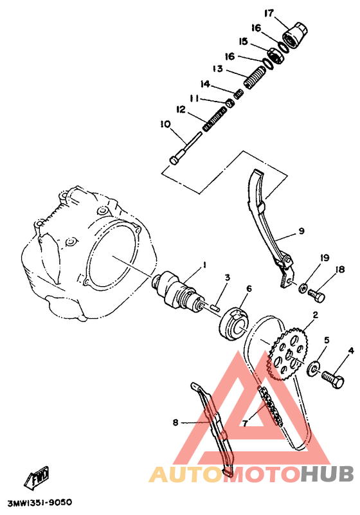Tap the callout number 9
point(301,230)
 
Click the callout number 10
point(165,124)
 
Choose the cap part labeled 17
point(295,32)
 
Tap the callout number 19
point(325,258)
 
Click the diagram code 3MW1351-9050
point(39,502)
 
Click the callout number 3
point(227,278)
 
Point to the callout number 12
point(179,110)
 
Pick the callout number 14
point(205,84)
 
